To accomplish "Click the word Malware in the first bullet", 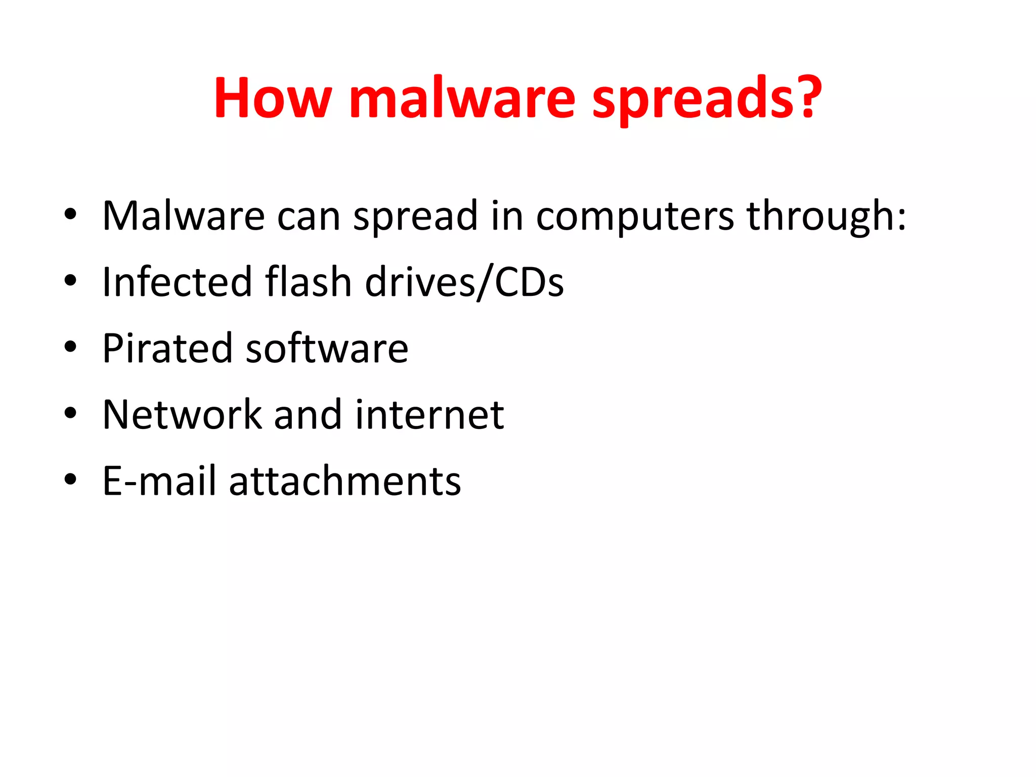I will (183, 216).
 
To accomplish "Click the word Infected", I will (177, 282).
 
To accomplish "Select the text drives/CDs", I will (464, 282).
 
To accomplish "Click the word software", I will (327, 349).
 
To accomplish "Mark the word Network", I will (182, 415).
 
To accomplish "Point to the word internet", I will (429, 415).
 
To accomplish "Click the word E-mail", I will (159, 481).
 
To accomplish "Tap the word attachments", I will (345, 481).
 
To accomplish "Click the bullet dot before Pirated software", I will (70, 347).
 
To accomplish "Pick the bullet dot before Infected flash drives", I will (70, 281).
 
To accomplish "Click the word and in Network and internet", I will (308, 415).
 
